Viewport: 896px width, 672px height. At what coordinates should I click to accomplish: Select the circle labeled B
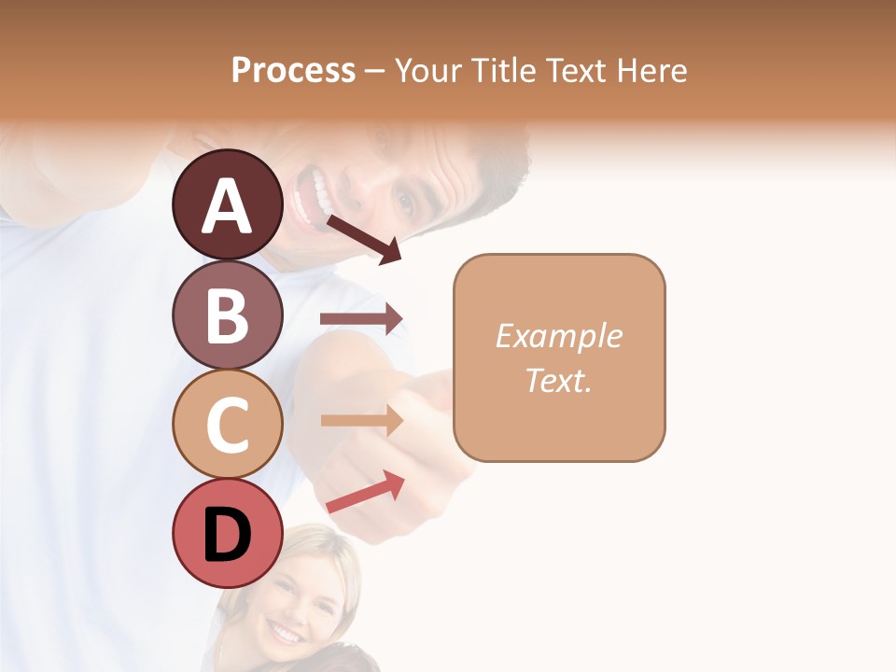[227, 315]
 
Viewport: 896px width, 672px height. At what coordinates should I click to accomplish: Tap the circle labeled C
[227, 425]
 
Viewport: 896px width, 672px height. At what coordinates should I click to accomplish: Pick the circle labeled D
[227, 535]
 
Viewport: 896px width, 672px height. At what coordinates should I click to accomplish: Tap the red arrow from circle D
[365, 493]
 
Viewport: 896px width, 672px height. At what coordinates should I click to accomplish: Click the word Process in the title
[293, 70]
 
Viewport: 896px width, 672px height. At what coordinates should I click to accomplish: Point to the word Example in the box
[558, 336]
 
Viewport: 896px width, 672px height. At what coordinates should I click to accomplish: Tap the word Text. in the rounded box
[558, 380]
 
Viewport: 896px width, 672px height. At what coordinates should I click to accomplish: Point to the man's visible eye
[404, 200]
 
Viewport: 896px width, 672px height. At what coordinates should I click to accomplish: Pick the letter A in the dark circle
[227, 205]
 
